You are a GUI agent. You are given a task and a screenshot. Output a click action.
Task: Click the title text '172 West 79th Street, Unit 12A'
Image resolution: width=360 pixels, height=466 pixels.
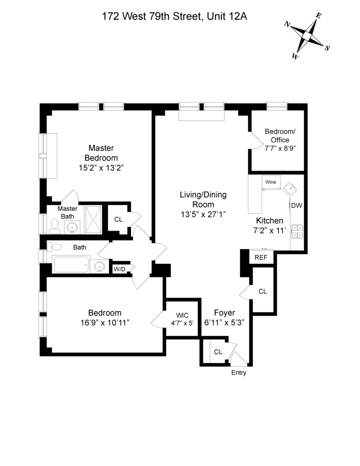[x=174, y=17]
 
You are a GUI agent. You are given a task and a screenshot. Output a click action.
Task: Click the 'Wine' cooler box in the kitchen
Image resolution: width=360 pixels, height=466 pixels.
[x=271, y=182]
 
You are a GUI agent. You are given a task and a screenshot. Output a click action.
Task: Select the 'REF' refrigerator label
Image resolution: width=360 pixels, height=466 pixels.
[x=261, y=258]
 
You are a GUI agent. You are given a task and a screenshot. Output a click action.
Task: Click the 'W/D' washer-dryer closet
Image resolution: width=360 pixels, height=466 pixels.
[x=119, y=269]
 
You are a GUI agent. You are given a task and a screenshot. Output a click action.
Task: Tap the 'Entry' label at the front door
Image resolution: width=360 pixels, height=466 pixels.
[x=238, y=373]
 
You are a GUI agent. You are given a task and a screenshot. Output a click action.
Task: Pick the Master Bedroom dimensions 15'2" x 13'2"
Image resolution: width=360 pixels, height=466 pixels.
[x=101, y=168]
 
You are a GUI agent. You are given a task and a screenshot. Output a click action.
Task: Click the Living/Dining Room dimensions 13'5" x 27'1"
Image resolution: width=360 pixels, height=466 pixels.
[x=203, y=214]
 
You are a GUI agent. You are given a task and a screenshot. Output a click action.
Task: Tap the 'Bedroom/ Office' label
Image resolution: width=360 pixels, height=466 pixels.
[x=280, y=136]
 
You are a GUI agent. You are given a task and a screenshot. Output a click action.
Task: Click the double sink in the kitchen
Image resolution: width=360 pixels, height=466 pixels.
[x=297, y=231]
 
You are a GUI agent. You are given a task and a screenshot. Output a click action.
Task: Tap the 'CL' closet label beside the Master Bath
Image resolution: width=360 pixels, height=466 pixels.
[x=118, y=219]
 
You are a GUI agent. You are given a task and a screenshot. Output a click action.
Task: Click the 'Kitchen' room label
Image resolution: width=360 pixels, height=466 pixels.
[x=270, y=221]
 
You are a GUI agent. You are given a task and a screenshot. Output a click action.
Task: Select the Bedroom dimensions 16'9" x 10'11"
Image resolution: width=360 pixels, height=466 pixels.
[x=105, y=322]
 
